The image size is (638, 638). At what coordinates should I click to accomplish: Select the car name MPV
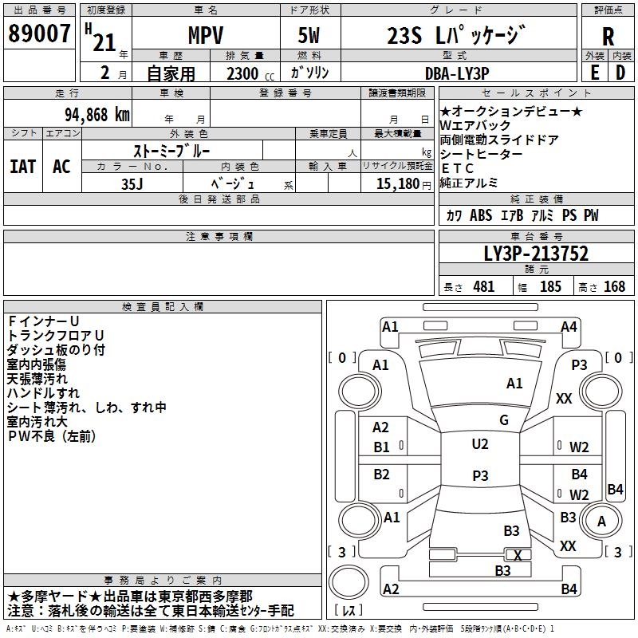click(205, 36)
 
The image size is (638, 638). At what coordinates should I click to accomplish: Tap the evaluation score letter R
click(608, 36)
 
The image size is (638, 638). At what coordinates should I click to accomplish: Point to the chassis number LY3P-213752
click(536, 254)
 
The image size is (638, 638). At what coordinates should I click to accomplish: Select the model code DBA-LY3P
click(457, 73)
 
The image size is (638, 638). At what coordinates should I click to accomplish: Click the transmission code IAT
click(22, 167)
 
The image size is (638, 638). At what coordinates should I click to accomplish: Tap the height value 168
click(614, 287)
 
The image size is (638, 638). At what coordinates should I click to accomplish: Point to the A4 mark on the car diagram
click(569, 326)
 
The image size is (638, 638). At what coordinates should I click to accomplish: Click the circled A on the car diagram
click(602, 521)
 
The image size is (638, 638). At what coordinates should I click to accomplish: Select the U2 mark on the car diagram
click(479, 444)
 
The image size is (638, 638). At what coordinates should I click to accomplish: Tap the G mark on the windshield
click(503, 420)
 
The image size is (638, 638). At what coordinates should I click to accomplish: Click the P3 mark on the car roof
click(479, 475)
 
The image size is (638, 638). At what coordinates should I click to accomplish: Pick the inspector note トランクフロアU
click(55, 335)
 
